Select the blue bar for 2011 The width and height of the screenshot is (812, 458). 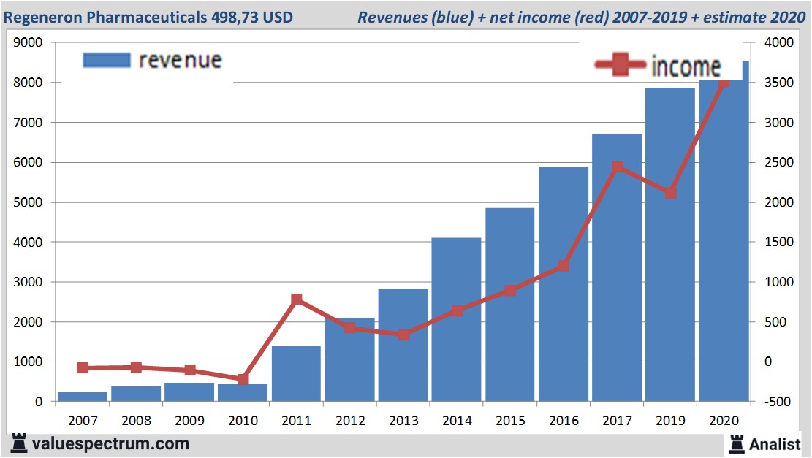click(296, 373)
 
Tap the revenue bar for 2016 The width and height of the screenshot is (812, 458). click(564, 284)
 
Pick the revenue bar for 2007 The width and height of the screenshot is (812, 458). click(83, 397)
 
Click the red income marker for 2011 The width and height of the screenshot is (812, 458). click(296, 299)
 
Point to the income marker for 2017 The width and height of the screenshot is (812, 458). click(618, 167)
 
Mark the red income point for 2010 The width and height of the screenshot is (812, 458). click(243, 379)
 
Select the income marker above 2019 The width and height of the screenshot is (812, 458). click(671, 193)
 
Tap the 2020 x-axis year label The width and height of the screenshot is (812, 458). click(724, 421)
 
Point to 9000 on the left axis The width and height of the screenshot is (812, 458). click(29, 43)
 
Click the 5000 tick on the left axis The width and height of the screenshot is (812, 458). click(29, 202)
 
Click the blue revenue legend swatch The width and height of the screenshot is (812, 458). click(107, 60)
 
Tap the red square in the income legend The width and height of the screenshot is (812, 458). click(621, 66)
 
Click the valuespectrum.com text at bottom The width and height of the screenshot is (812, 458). click(110, 443)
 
